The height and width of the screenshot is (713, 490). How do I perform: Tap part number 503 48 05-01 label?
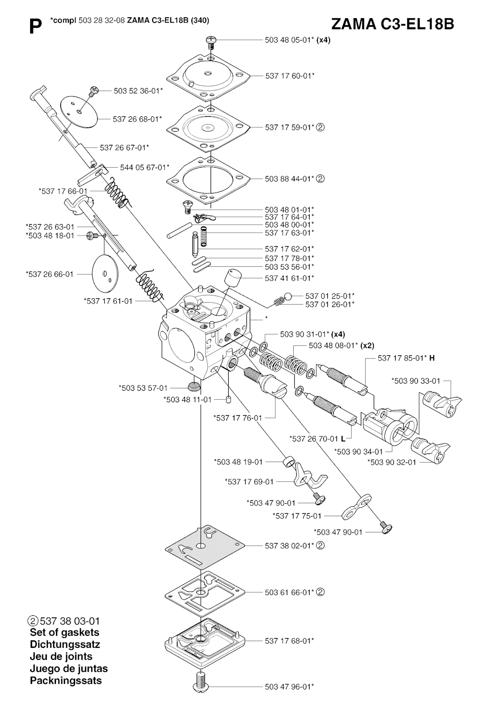(x=289, y=40)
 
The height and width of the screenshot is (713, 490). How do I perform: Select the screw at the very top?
(x=211, y=42)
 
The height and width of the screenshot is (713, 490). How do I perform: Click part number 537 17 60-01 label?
(x=290, y=76)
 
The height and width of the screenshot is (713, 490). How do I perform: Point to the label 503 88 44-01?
(x=290, y=179)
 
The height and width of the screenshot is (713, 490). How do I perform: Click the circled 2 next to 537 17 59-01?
(x=321, y=127)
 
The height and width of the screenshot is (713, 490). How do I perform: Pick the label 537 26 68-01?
(x=137, y=119)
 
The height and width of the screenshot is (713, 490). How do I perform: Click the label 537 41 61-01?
(x=290, y=278)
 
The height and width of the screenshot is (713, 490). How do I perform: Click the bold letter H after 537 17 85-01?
(x=432, y=358)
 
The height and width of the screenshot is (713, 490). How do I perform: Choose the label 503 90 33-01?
(x=416, y=381)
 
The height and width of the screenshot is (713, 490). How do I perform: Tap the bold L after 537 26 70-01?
(x=343, y=438)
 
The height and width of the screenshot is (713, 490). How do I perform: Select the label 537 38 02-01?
(x=290, y=545)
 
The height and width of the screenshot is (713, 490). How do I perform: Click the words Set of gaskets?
(x=64, y=633)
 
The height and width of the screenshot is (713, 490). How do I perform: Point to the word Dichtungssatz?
(x=65, y=645)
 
